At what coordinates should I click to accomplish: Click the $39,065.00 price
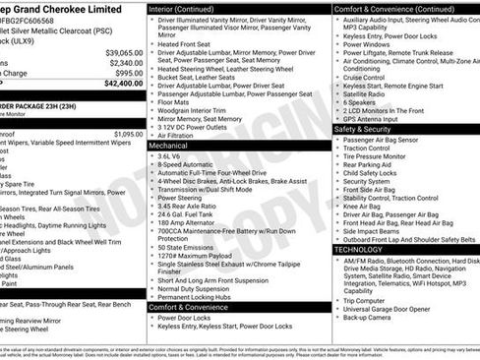[124, 52]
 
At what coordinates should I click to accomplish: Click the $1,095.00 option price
[128, 133]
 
